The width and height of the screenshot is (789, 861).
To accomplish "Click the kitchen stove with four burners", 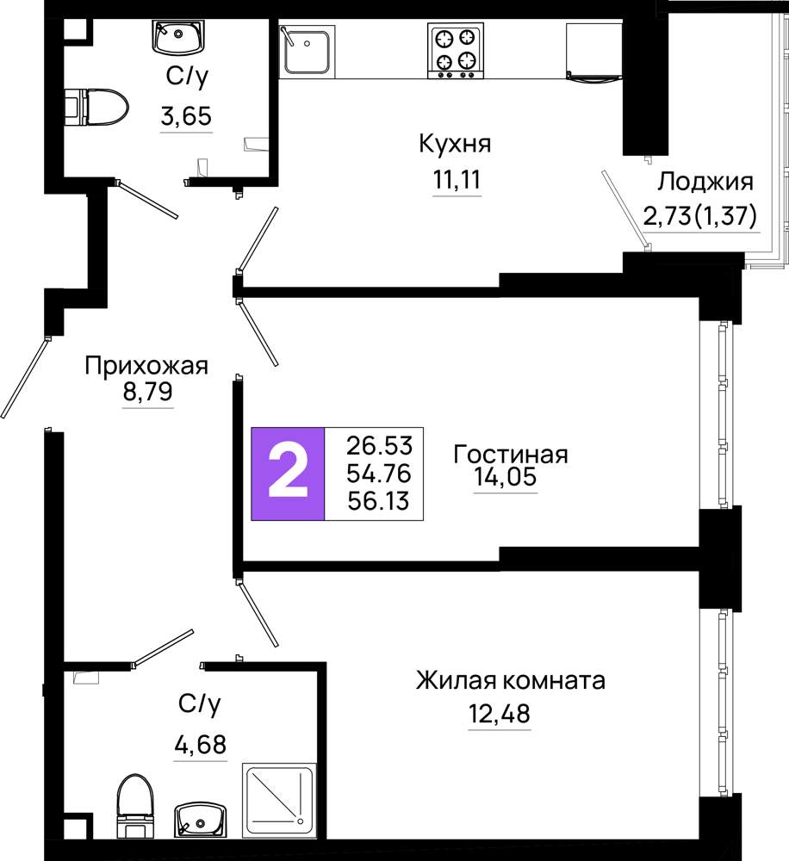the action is tap(456, 50).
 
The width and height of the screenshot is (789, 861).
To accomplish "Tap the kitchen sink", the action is tap(307, 51).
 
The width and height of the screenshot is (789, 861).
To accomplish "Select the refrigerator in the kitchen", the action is tap(593, 53).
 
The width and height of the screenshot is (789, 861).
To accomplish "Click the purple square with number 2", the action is tap(288, 474).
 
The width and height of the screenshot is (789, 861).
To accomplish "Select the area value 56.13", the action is tap(379, 501).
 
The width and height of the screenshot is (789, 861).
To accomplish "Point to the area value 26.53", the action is tap(379, 445).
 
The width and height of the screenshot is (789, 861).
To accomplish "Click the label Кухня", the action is tap(455, 144).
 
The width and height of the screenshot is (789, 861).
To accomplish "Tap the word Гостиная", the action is tap(511, 455).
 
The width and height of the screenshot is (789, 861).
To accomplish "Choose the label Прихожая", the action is tap(146, 366).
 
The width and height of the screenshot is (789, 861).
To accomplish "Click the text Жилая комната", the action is tap(511, 681).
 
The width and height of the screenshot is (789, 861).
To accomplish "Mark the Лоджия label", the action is tap(705, 182).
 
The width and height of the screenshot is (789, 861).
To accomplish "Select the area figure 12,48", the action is tap(500, 714).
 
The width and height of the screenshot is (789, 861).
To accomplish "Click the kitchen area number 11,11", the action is tap(457, 180).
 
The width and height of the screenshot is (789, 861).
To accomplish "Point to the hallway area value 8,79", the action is tap(147, 392).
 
